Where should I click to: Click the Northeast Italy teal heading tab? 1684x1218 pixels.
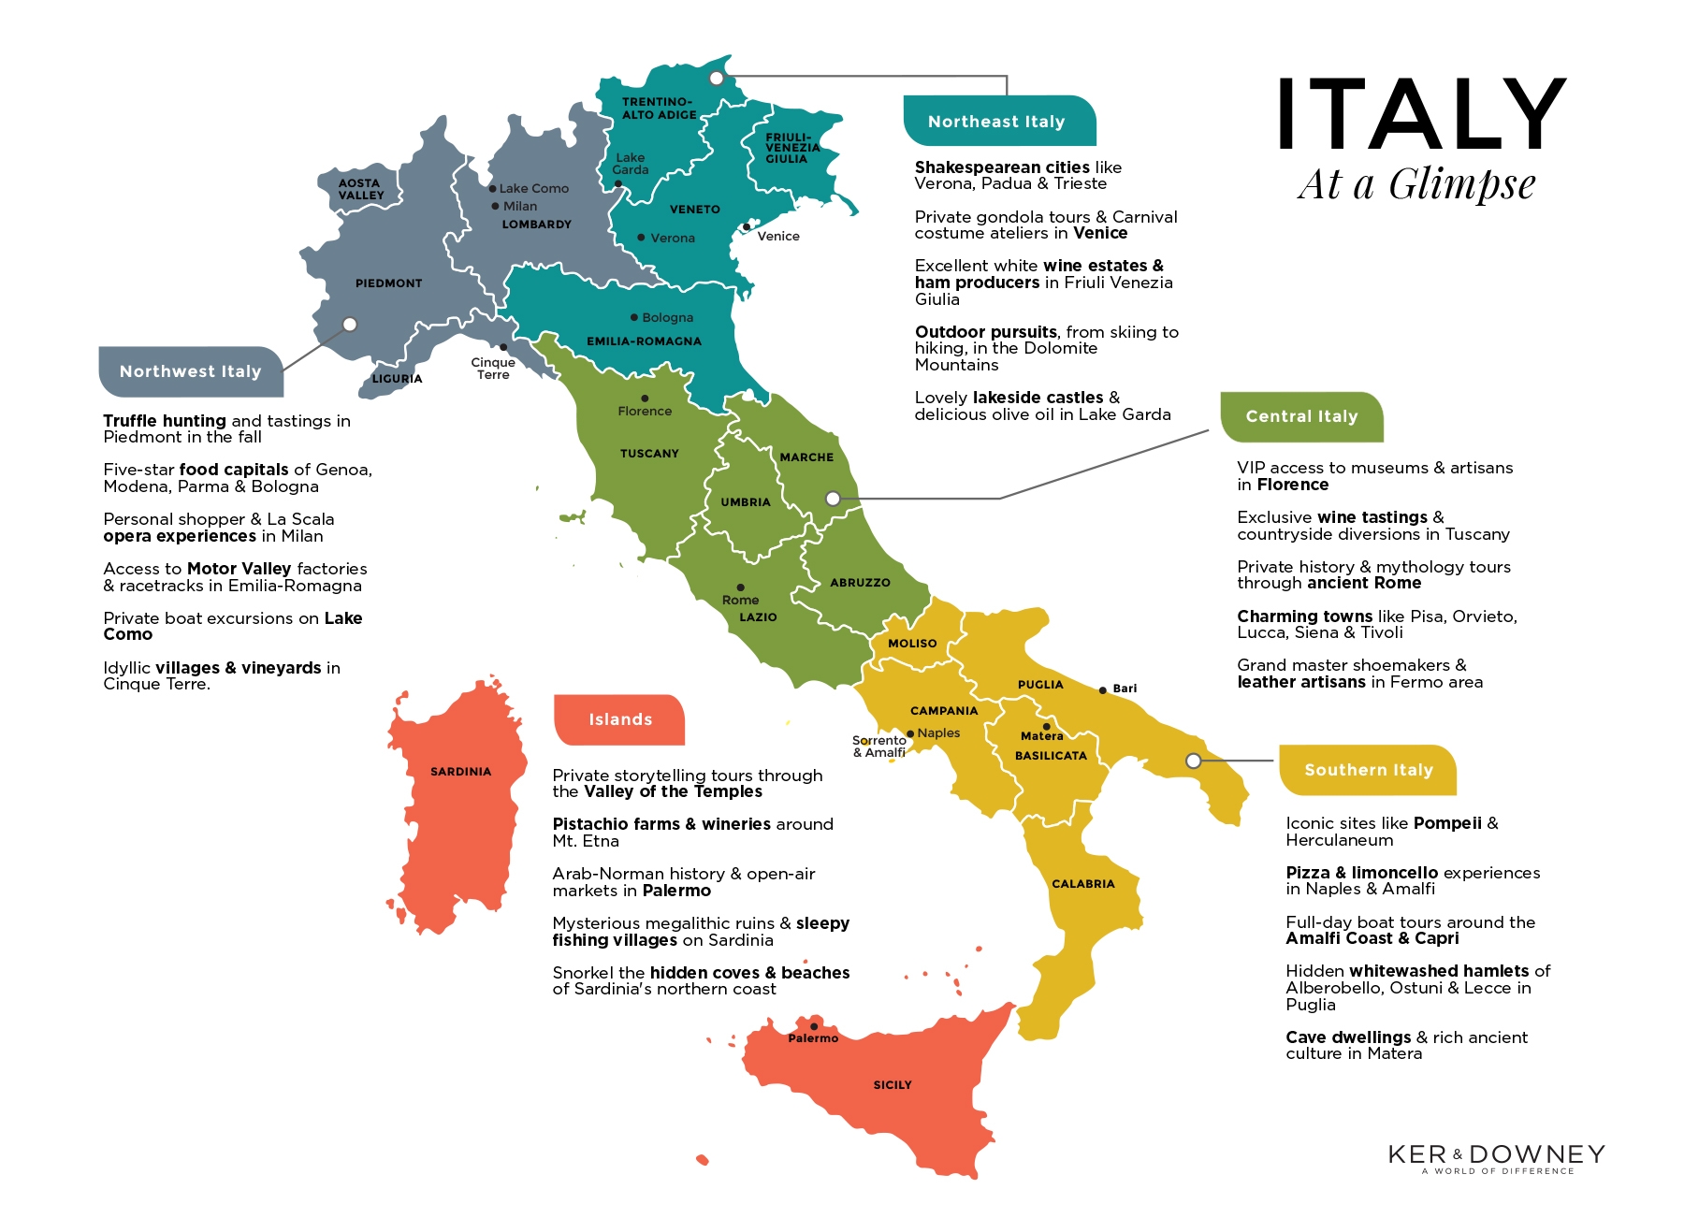[x=997, y=122]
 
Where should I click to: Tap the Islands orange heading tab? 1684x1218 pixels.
[x=619, y=719]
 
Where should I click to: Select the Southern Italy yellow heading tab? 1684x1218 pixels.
[x=1368, y=770]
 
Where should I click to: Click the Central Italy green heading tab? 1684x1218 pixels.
[x=1300, y=416]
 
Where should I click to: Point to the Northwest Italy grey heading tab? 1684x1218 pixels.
[x=190, y=371]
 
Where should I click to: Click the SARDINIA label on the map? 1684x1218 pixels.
[x=460, y=772]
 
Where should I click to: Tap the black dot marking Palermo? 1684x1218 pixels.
[x=814, y=1026]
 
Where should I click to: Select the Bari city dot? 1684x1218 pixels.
[x=1103, y=690]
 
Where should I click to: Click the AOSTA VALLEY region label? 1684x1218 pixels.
[x=361, y=189]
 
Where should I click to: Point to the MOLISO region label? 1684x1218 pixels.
[x=912, y=644]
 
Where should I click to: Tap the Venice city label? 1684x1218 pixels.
[x=778, y=237]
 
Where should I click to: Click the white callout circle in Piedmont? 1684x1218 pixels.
[x=350, y=325]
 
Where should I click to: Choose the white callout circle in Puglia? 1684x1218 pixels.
[x=1193, y=761]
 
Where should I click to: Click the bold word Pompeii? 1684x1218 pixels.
[x=1447, y=823]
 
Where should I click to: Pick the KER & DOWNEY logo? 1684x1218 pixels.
[x=1496, y=1156]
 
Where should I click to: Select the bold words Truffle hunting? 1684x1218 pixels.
[x=165, y=421]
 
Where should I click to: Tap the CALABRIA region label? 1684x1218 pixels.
[x=1082, y=884]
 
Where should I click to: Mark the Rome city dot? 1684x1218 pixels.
[x=740, y=587]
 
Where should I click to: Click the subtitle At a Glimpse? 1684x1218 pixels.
[x=1416, y=184]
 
